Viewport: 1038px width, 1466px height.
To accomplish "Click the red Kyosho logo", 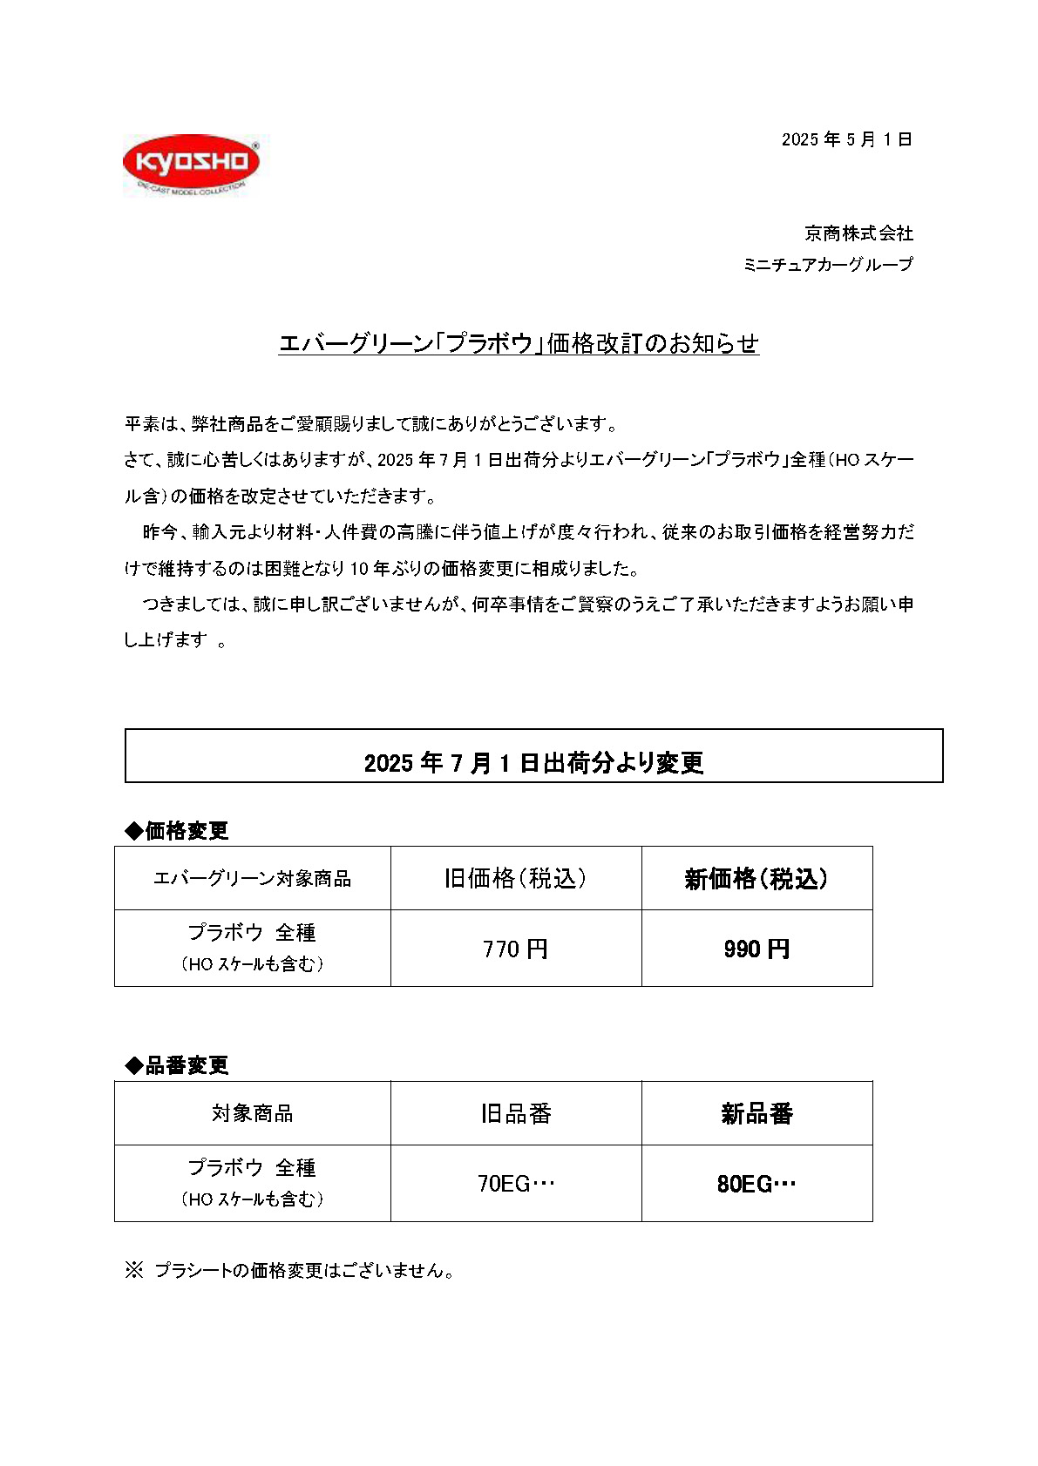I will pos(191,163).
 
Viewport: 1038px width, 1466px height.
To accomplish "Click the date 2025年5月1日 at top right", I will pos(846,139).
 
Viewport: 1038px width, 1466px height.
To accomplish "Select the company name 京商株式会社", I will pos(858,233).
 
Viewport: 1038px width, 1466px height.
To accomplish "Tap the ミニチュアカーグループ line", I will pos(828,264).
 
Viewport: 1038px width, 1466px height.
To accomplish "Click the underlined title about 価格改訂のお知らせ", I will pos(519,343).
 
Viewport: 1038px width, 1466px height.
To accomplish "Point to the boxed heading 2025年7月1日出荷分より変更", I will pos(533,762).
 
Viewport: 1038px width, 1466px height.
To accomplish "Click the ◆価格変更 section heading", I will pos(177,830).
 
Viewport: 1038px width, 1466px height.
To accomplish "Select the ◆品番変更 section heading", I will pos(177,1064).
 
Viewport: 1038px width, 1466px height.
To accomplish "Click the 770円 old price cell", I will pos(515,949).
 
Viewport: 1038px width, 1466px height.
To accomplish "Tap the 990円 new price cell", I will pos(756,949).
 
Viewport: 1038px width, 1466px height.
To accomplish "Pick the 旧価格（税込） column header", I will pos(515,878).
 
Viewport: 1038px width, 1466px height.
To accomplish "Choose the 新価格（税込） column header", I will pos(756,878).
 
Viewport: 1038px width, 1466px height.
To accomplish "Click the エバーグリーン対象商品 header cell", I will pos(252,878).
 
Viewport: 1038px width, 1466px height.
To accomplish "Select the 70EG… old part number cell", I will pos(515,1184).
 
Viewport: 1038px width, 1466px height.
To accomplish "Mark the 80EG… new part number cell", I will pos(756,1184).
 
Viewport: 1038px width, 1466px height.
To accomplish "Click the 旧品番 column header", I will pos(515,1113).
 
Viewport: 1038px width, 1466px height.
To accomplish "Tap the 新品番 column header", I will pos(756,1113).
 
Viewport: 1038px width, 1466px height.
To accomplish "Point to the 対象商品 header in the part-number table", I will pos(252,1113).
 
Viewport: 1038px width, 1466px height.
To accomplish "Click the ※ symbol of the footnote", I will pos(133,1270).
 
